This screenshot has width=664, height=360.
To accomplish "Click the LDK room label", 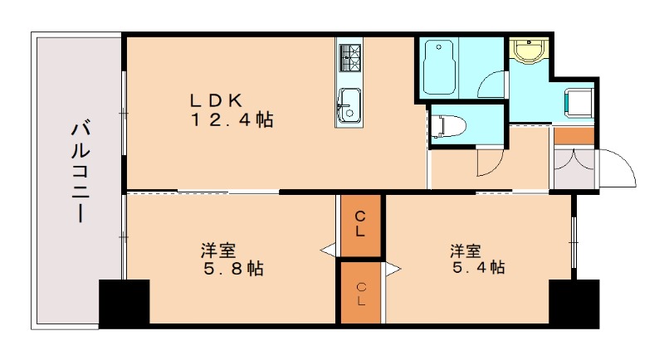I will [216, 100].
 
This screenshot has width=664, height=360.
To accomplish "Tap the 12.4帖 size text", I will [232, 120].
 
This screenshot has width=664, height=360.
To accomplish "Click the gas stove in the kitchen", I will [349, 56].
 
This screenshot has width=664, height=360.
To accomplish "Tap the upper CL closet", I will [360, 225].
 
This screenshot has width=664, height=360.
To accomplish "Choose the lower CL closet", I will [361, 293].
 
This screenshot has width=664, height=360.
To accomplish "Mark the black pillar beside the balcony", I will [124, 303].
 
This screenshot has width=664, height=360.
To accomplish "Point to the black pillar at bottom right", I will [574, 303].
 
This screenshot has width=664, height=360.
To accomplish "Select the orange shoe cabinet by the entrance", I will [574, 135].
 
